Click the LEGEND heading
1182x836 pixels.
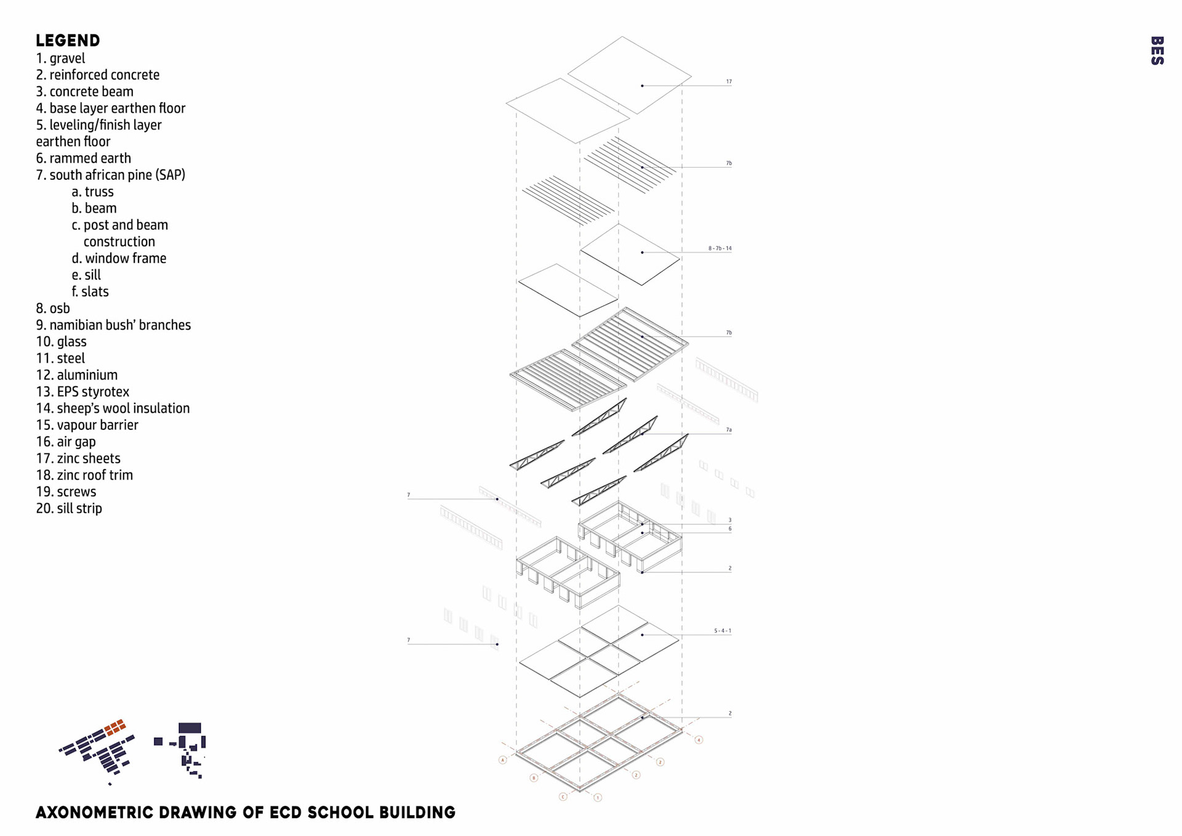[x=68, y=41]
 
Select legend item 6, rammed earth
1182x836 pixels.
[x=83, y=158]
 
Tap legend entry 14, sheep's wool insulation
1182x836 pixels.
[x=113, y=408]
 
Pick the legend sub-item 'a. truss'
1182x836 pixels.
[x=92, y=192]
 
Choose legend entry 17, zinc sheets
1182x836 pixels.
[x=78, y=458]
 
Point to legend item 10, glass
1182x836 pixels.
[x=61, y=342]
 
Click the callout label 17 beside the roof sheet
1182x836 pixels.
[x=728, y=81]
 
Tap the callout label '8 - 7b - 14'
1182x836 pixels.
[x=720, y=248]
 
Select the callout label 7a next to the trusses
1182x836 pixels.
[x=728, y=430]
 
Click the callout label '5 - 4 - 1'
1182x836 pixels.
[x=722, y=631]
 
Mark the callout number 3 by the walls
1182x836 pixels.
[x=730, y=520]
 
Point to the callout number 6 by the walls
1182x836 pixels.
[x=730, y=529]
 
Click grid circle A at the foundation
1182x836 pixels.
[x=502, y=760]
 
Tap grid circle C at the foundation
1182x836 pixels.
[x=563, y=797]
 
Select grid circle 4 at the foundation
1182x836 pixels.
[x=699, y=740]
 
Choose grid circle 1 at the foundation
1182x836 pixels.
[x=597, y=798]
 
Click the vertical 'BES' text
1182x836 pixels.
[x=1157, y=51]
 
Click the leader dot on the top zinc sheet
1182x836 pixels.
[x=642, y=86]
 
